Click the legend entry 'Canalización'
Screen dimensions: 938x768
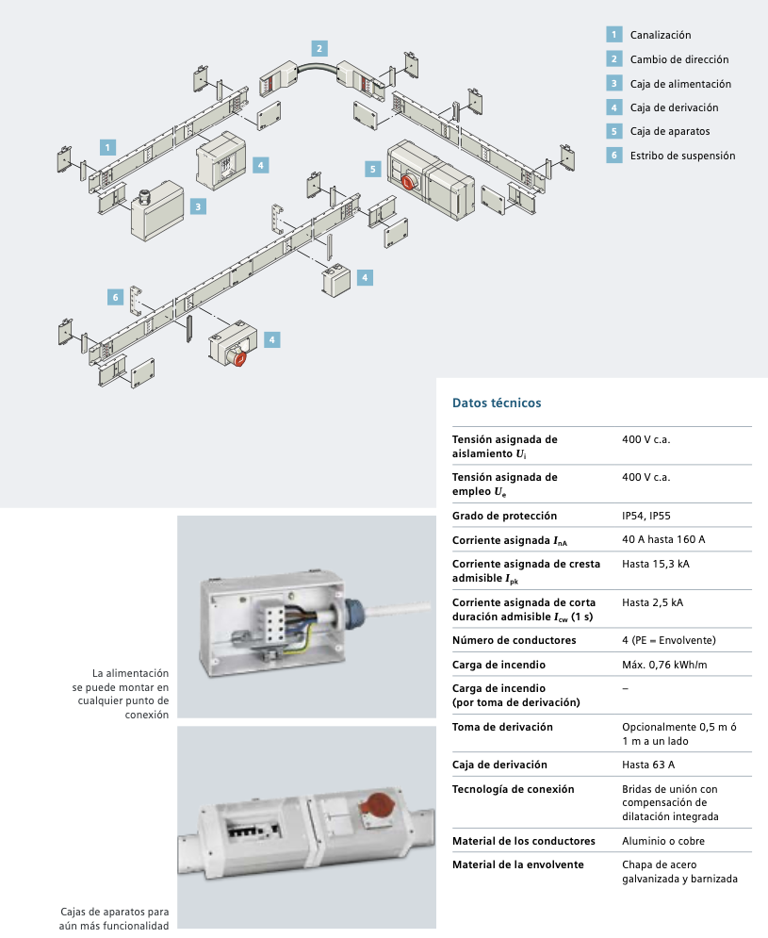(x=661, y=35)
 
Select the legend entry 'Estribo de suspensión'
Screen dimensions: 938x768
(x=682, y=156)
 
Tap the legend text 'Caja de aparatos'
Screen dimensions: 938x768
(x=670, y=131)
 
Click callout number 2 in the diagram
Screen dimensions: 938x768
(x=319, y=48)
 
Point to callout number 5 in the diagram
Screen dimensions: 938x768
(x=373, y=169)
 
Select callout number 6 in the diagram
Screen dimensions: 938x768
(x=115, y=297)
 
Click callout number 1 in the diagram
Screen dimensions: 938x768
(x=109, y=147)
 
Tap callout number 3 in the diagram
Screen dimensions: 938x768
(x=199, y=206)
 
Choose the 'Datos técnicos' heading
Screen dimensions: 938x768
(x=497, y=403)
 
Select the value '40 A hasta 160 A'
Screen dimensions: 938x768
(x=663, y=539)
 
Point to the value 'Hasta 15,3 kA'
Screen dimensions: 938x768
(x=656, y=564)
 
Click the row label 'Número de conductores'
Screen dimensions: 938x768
(x=514, y=640)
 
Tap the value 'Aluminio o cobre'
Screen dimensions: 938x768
(x=663, y=840)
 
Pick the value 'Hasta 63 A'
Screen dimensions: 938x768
(x=649, y=765)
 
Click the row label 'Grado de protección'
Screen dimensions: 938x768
(x=504, y=516)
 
